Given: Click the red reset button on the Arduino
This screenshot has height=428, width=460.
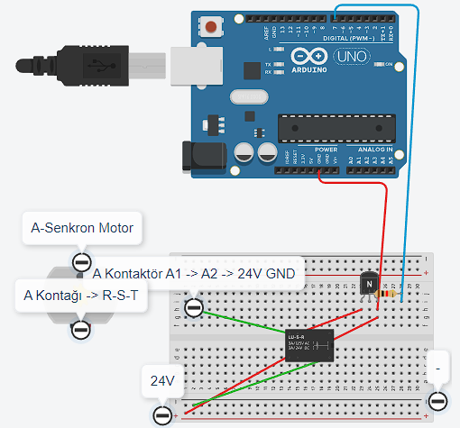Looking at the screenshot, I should (x=211, y=27).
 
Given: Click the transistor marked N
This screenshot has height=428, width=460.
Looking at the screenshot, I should (x=368, y=284).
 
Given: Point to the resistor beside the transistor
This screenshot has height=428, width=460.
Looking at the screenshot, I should (x=389, y=294).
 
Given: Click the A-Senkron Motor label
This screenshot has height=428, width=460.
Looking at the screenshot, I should (x=82, y=228).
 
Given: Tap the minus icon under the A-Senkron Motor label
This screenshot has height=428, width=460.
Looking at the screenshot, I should (x=81, y=262).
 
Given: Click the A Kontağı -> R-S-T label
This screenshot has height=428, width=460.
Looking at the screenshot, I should (x=80, y=295).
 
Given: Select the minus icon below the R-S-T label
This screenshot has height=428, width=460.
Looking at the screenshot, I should (x=80, y=328).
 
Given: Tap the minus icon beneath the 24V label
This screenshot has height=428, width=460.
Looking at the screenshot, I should (x=162, y=414).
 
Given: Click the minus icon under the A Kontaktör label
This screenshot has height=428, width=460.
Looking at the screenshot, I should (x=194, y=308).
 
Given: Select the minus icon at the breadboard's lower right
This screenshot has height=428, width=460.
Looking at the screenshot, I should (x=438, y=400).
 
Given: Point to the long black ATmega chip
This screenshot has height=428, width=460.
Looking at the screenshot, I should (x=334, y=128).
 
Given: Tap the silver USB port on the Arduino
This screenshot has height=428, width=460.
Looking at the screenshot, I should (x=194, y=65).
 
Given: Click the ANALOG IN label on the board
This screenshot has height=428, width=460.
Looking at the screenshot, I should (x=373, y=150).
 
